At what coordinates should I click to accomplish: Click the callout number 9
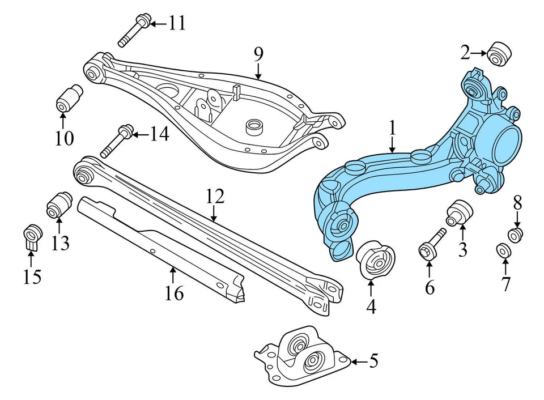coord(258,54)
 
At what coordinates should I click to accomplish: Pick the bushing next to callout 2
coord(500,54)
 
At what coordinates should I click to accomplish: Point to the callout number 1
coord(392,129)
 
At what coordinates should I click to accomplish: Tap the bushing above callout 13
coord(58,205)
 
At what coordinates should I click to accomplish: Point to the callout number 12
coord(215,197)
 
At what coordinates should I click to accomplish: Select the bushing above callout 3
coord(460,212)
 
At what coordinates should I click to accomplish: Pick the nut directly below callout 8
coord(515,233)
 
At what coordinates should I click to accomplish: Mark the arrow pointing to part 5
coord(358,361)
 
